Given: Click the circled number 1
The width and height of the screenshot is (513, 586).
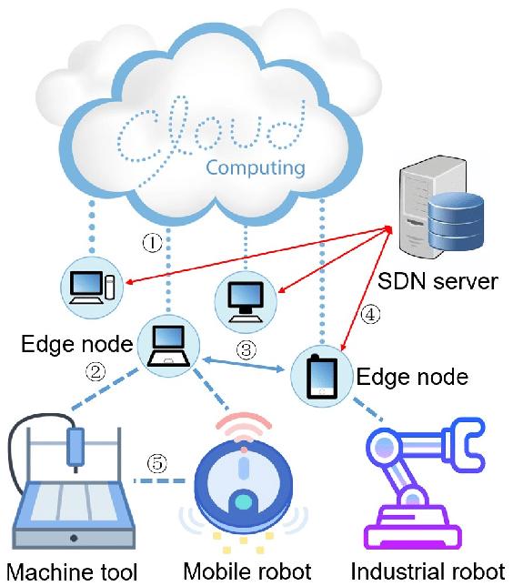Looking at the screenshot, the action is point(153,243).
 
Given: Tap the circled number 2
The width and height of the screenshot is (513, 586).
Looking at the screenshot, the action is point(96,372).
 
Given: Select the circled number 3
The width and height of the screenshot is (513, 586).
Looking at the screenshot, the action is point(246,350).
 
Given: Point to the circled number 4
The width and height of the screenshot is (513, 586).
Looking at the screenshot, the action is point(370,315).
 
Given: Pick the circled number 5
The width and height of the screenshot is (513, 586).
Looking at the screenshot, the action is point(157,463).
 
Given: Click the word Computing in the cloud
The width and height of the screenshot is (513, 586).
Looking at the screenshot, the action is point(256,167).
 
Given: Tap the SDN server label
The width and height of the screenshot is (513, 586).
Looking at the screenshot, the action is point(438,281).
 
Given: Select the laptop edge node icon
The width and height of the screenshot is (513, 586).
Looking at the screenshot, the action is point(168,346).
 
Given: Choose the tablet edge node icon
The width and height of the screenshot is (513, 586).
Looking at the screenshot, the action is point(322,377).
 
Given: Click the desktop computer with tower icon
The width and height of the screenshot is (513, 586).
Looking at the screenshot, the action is point(92,288).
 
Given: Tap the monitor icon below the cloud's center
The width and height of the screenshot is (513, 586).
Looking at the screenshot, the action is point(246,302).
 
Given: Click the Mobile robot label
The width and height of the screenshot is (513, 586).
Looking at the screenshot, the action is point(247,571).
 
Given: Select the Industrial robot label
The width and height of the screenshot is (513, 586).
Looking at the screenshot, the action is point(427,571).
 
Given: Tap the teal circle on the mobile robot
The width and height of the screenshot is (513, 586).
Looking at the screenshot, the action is point(243,502).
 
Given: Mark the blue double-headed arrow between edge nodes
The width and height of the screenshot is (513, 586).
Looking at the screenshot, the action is point(244,364).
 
